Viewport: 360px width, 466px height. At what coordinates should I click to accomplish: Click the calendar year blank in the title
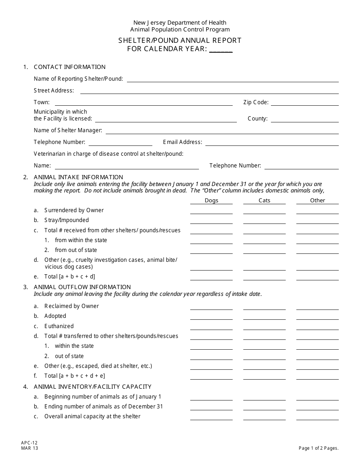click(x=221, y=49)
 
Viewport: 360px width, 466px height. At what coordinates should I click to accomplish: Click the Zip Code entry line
click(x=305, y=103)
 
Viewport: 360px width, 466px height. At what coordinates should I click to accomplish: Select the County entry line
click(x=305, y=119)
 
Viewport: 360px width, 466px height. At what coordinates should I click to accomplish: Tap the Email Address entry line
click(x=272, y=143)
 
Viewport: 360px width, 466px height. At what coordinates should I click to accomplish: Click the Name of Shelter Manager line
click(x=222, y=131)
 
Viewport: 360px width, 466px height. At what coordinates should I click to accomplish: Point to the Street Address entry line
click(x=209, y=91)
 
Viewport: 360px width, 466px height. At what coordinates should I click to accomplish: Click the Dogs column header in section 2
click(x=211, y=200)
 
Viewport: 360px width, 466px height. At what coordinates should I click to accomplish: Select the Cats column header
click(x=265, y=200)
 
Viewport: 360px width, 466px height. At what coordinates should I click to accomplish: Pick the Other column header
click(x=318, y=200)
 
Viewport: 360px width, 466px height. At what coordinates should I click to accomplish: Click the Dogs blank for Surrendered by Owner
click(x=211, y=211)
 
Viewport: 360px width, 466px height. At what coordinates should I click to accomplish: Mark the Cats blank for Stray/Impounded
click(x=265, y=221)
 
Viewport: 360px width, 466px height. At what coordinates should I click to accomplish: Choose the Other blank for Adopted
click(x=318, y=317)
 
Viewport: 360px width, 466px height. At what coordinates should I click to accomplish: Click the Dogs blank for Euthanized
click(x=211, y=327)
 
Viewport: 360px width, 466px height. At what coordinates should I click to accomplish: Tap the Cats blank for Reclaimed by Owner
click(x=265, y=306)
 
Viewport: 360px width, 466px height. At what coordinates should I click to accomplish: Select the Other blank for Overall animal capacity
click(x=318, y=417)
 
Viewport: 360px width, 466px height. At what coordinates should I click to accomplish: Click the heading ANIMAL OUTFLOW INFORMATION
click(x=82, y=287)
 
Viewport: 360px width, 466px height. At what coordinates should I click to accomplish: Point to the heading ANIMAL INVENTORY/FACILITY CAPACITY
click(x=92, y=387)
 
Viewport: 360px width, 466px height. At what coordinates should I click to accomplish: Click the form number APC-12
click(x=29, y=443)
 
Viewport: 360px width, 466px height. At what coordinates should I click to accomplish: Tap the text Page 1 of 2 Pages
click(x=318, y=448)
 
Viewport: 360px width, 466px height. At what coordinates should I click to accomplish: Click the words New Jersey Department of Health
click(x=180, y=23)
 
